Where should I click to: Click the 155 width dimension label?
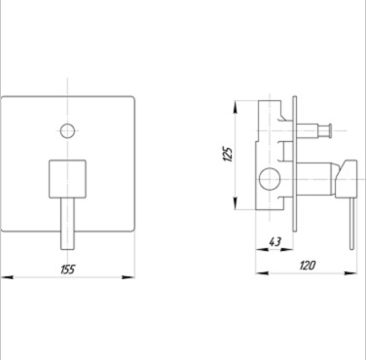click(68, 270)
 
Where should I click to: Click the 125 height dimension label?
click(228, 155)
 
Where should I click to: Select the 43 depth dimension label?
click(275, 241)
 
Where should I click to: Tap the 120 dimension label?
click(307, 266)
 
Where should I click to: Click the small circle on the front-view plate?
click(67, 131)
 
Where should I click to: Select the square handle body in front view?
click(67, 179)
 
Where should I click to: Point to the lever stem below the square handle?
click(67, 224)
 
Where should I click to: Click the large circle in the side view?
click(270, 179)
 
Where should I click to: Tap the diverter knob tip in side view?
click(329, 130)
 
